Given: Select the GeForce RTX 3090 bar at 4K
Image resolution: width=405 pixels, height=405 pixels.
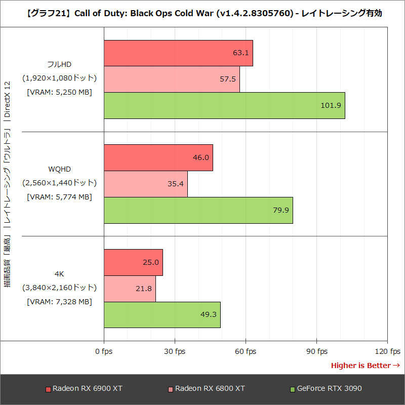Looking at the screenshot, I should pos(162,314).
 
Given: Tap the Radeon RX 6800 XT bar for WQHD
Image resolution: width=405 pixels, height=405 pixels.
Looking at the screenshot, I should pos(146,184).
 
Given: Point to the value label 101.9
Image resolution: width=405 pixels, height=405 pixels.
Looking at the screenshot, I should pos(331,106).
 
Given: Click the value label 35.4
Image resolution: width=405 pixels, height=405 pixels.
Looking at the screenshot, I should pos(176,184).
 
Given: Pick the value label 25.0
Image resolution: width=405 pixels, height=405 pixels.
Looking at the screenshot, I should pos(151,262).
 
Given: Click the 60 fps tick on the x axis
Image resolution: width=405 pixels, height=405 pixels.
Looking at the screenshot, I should pos(246,351).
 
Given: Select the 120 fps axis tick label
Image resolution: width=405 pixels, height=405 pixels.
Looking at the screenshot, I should pos(387,351).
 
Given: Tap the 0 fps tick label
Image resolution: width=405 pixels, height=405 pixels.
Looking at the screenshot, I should pos(104,351).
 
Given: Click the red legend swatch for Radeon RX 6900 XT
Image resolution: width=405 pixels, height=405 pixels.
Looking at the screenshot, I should pos(48,389).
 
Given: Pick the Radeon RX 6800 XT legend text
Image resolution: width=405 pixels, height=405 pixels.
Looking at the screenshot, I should pos(210,389).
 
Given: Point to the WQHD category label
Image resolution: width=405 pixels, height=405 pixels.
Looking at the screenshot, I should pos(59,170).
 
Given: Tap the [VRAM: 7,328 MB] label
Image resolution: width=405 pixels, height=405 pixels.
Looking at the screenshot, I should pos(59,301).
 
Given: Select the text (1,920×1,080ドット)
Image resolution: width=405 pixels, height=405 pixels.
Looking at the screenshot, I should pos(59,78).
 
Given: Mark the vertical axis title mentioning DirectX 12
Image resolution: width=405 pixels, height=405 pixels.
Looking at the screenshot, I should pos(7,185).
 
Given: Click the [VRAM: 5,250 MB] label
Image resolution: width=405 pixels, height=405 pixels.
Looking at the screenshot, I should pos(59,92).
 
